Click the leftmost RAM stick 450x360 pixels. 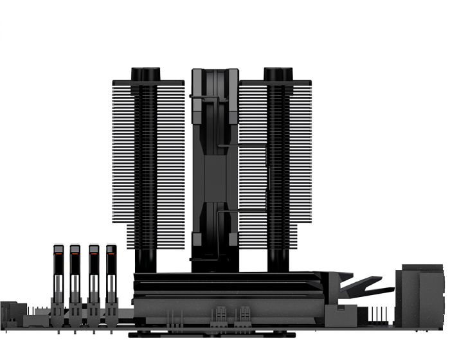coord(58,276)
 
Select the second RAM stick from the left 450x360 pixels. coord(75,276)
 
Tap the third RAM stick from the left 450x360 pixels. coord(93,276)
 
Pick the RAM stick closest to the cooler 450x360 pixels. coord(111,276)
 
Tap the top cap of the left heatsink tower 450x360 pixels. coord(145,73)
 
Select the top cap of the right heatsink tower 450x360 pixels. coord(278,73)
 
